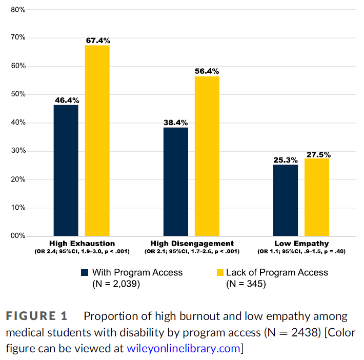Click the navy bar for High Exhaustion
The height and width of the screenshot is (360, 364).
click(x=66, y=170)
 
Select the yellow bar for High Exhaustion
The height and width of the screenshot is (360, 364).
click(x=97, y=141)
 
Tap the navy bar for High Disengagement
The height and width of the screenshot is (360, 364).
click(x=176, y=182)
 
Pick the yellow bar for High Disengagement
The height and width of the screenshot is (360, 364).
click(x=207, y=156)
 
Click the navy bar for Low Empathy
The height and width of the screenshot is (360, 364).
click(x=286, y=200)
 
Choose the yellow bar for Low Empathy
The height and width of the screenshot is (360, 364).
click(x=317, y=197)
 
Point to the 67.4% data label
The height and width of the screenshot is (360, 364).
click(x=97, y=41)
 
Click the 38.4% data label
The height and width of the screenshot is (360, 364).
click(x=176, y=123)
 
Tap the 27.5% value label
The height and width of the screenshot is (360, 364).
click(x=318, y=154)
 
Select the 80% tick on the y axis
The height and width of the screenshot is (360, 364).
click(x=18, y=9)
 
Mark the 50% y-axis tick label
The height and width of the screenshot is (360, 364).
click(x=18, y=94)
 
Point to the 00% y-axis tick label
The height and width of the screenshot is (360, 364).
click(x=18, y=236)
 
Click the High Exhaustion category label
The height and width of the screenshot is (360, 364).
click(x=82, y=243)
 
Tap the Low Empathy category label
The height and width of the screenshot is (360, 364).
click(x=301, y=243)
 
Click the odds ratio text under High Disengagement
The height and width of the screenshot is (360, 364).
click(x=192, y=251)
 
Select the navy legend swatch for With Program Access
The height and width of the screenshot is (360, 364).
click(x=85, y=272)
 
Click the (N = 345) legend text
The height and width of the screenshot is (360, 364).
click(x=246, y=284)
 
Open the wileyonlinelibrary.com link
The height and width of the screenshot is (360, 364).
click(x=183, y=349)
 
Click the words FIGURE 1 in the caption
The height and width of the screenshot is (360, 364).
click(x=38, y=316)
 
